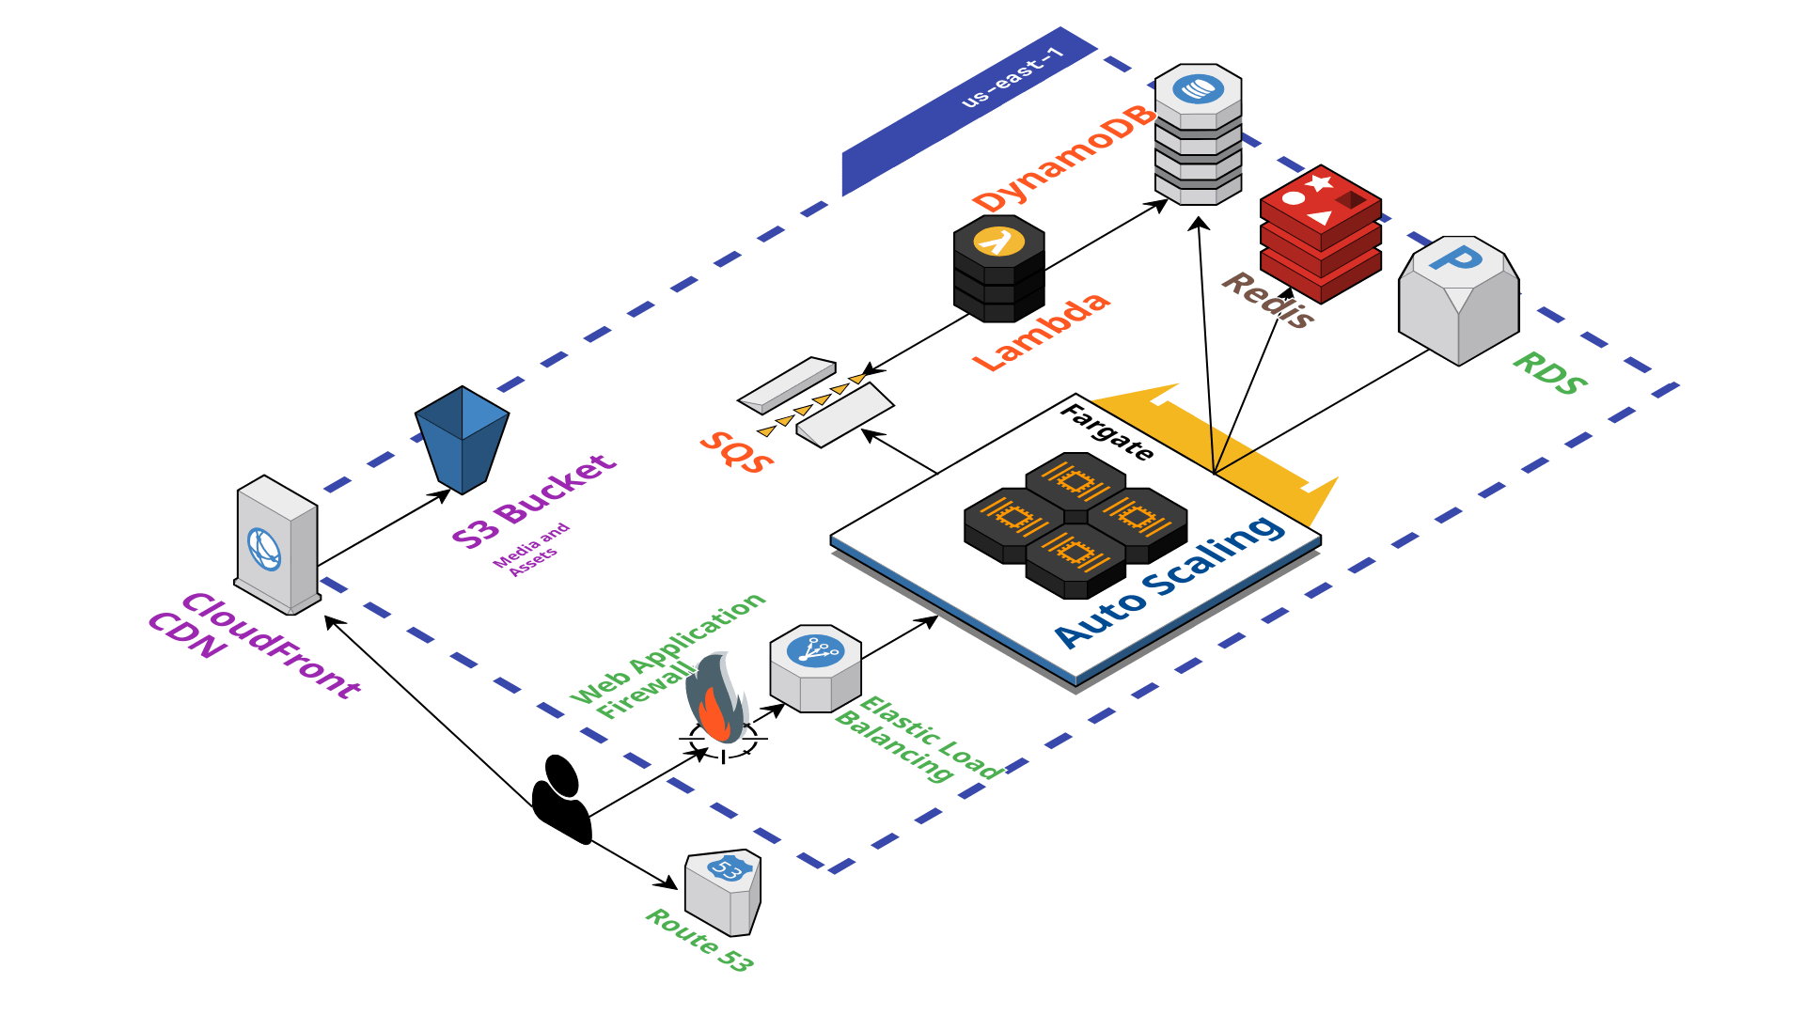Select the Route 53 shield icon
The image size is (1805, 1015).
click(722, 893)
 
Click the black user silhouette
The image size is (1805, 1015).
click(561, 800)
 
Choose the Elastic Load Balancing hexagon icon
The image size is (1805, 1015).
click(815, 668)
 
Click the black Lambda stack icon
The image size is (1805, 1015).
click(998, 269)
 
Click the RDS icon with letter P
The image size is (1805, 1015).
click(1458, 300)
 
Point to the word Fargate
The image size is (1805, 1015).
click(1107, 432)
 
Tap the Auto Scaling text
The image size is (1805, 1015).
click(1170, 582)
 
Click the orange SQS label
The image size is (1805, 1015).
click(737, 452)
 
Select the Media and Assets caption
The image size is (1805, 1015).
click(532, 549)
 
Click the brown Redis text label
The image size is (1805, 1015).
click(1268, 300)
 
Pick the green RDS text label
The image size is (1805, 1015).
click(1549, 373)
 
